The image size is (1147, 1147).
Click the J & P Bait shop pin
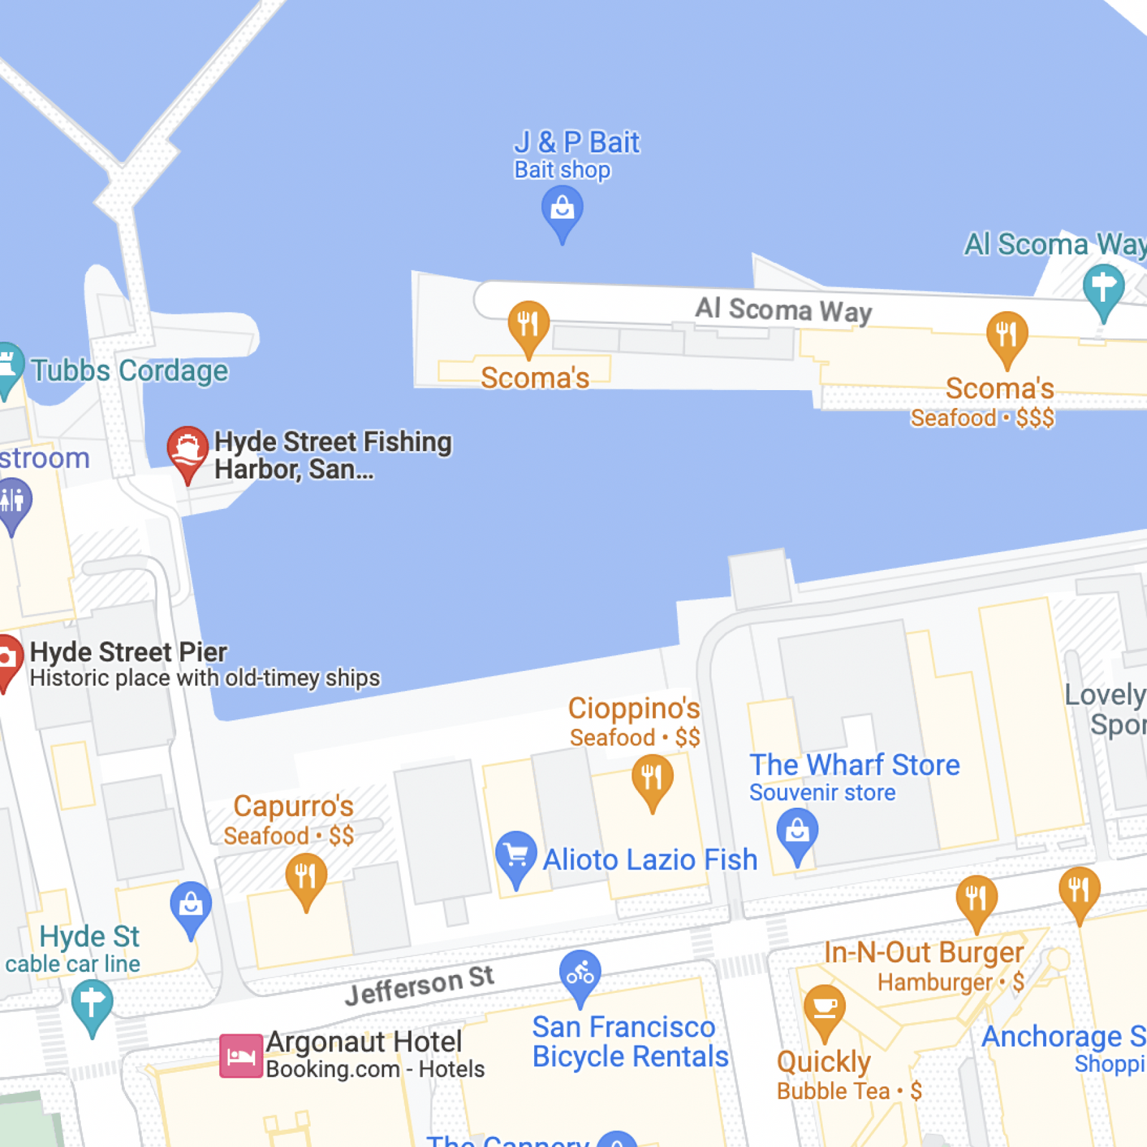[x=562, y=210]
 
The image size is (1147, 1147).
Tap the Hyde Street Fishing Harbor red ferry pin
[x=188, y=450]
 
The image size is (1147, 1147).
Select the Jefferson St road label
[x=419, y=985]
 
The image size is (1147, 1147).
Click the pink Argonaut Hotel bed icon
[x=241, y=1055]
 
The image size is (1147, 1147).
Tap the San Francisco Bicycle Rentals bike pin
[x=580, y=974]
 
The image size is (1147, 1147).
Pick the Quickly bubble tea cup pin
[x=824, y=1008]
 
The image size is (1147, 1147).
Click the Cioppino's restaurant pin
[x=652, y=778]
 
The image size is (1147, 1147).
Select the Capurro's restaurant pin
[x=306, y=877]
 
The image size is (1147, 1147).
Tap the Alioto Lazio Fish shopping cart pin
[x=516, y=855]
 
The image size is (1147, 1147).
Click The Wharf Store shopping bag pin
[x=797, y=832]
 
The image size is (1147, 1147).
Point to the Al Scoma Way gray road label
[x=783, y=310]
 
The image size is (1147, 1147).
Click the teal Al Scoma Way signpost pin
[x=1103, y=287]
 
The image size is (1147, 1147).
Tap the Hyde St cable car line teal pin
[x=92, y=1003]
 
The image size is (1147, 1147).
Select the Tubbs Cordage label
[x=129, y=371]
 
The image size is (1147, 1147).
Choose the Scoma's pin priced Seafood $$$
[x=1006, y=335]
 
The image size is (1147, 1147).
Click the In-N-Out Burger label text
[x=923, y=952]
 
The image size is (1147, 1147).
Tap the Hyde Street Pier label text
[x=128, y=652]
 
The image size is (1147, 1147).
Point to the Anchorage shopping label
[x=1064, y=1037]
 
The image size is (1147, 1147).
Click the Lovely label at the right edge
[x=1105, y=695]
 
